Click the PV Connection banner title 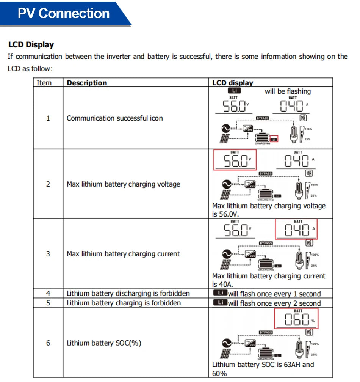point(64,14)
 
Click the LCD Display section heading point(31,45)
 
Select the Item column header point(44,83)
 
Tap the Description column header point(87,83)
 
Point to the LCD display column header point(232,83)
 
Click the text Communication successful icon point(114,118)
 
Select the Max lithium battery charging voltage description point(123,184)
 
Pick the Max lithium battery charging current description point(123,254)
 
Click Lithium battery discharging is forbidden point(128,294)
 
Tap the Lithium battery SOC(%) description point(104,343)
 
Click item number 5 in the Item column point(48,303)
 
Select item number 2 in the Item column point(48,184)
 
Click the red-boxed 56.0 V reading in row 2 point(235,160)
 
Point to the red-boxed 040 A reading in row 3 point(296,230)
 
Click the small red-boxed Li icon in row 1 point(275,139)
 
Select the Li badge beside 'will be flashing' point(234,91)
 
